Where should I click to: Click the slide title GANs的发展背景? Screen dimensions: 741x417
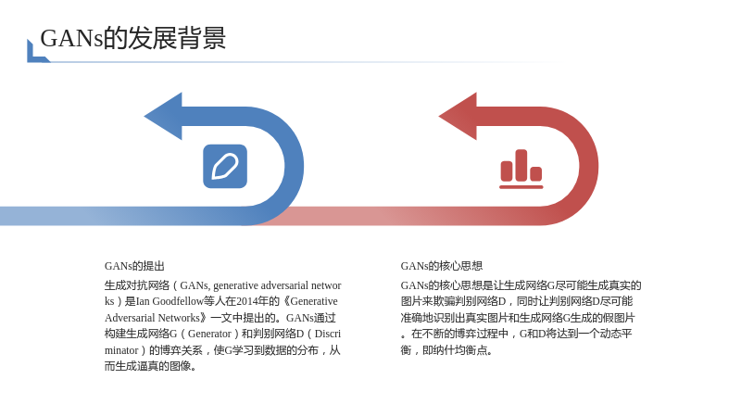pos(132,38)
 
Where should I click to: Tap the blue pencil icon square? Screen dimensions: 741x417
pos(225,166)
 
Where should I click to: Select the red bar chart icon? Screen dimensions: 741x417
pos(521,169)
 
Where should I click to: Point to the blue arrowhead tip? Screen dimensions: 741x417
pos(144,117)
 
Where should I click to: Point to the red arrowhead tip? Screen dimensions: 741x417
pos(439,117)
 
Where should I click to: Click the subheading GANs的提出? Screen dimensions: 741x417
pos(134,266)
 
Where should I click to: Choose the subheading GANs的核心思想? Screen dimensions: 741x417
pos(442,266)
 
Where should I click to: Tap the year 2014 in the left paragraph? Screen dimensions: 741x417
pos(247,301)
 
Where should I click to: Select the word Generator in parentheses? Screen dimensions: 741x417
pos(209,334)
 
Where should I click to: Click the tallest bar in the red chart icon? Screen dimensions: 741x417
pos(521,165)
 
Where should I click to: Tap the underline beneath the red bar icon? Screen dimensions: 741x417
pos(521,187)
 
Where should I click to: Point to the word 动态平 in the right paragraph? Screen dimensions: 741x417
pos(616,334)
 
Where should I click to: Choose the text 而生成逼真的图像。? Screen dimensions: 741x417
pos(150,366)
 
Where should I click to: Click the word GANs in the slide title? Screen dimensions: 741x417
pos(71,38)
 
